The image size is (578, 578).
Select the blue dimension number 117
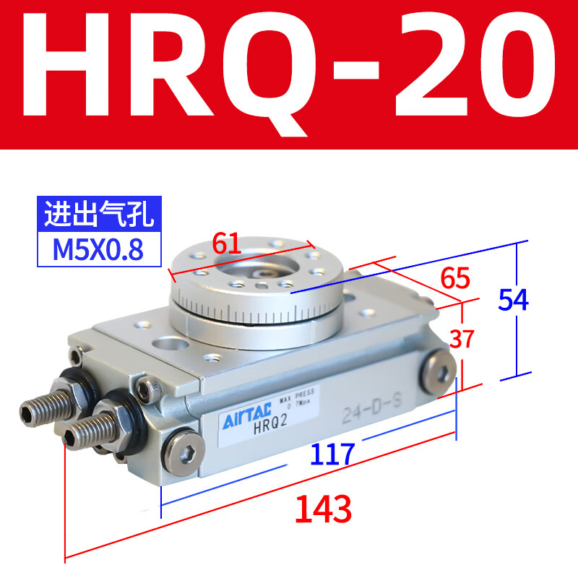tap(332, 454)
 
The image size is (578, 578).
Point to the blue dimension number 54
tap(513, 299)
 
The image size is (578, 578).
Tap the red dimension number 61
tap(226, 245)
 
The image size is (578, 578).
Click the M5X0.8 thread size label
tap(98, 249)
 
